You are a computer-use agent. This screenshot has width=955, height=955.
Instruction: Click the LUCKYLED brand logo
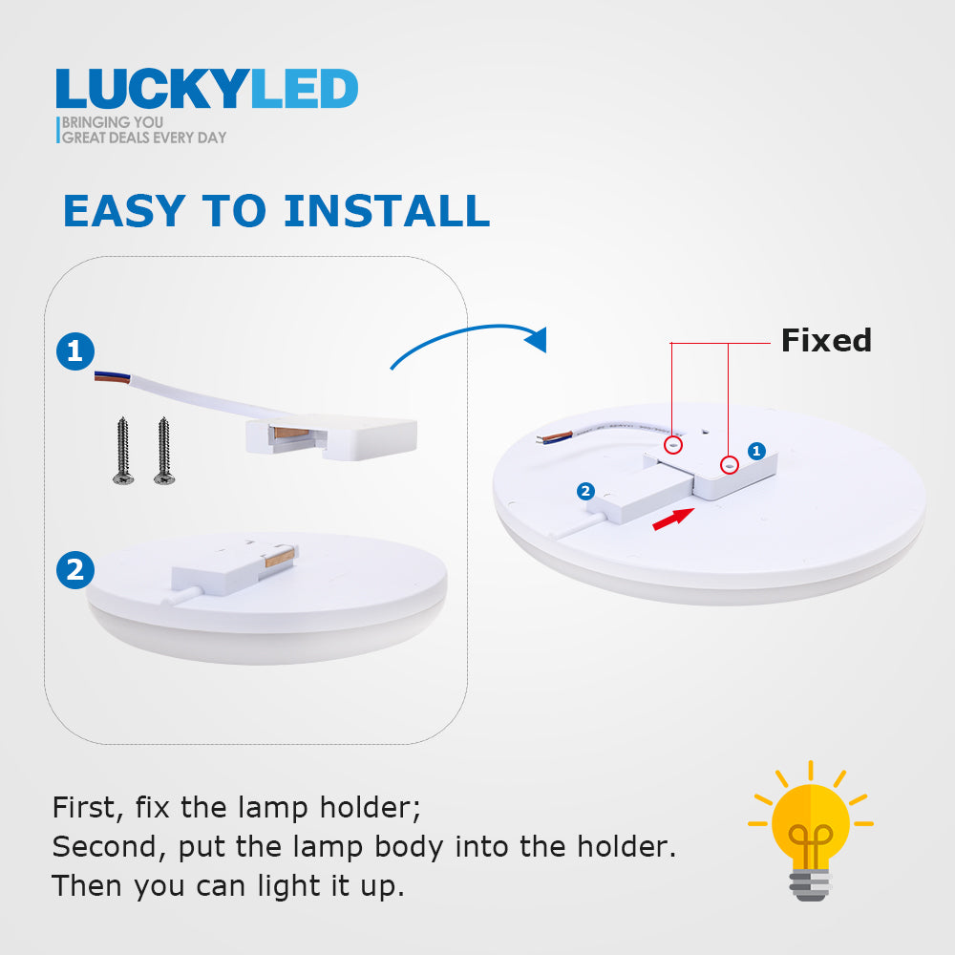[x=206, y=89]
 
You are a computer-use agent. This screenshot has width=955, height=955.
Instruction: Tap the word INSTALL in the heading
[x=388, y=211]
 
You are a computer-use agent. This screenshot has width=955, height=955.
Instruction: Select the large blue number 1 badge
[x=75, y=351]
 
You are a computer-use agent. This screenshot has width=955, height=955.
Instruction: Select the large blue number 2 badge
[x=75, y=570]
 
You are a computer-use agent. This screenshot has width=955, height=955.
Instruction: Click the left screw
[x=123, y=452]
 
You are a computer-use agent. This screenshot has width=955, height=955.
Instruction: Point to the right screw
[x=164, y=452]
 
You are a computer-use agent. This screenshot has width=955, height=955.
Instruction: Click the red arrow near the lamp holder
[x=673, y=519]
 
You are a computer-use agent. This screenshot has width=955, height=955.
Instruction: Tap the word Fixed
[x=826, y=340]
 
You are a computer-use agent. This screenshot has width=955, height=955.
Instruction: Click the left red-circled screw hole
[x=673, y=445]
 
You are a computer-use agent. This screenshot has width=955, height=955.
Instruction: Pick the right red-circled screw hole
[x=730, y=465]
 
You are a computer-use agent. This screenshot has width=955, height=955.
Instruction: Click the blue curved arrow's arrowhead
[x=537, y=339]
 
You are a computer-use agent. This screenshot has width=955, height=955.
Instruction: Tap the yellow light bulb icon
[x=811, y=831]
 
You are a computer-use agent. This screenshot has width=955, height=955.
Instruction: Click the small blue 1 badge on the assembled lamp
[x=756, y=451]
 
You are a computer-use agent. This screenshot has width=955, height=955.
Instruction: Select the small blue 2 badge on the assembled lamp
[x=586, y=492]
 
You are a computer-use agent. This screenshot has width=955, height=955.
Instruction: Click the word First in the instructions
[x=88, y=808]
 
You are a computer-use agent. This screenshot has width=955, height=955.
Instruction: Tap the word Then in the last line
[x=88, y=885]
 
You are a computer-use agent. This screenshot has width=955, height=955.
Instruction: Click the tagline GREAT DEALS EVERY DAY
[x=144, y=138]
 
